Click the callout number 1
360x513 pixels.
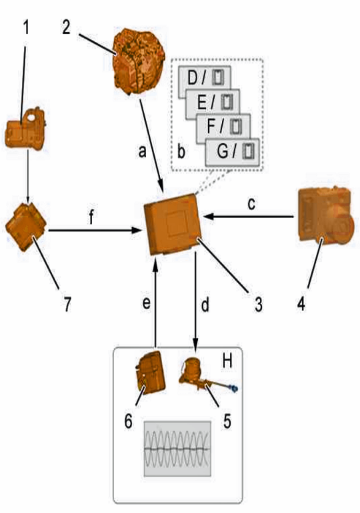(x=26, y=27)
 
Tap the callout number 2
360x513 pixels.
(x=67, y=27)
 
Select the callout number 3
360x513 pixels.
(x=259, y=304)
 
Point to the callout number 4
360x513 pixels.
(x=301, y=304)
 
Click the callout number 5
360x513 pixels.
(x=227, y=421)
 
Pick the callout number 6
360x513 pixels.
(x=128, y=421)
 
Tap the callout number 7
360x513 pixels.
(x=67, y=304)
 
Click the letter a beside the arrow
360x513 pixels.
(x=142, y=151)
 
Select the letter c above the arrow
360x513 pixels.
(x=251, y=203)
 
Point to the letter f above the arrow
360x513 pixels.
(x=91, y=217)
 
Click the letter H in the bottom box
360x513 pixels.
(x=227, y=361)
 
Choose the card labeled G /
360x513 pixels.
(x=232, y=152)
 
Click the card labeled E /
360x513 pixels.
(x=213, y=103)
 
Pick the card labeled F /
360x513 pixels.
(x=223, y=127)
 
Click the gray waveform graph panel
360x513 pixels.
(x=177, y=448)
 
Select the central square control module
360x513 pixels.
(x=173, y=225)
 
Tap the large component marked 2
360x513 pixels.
(x=138, y=61)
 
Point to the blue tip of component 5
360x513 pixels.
(x=234, y=388)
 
